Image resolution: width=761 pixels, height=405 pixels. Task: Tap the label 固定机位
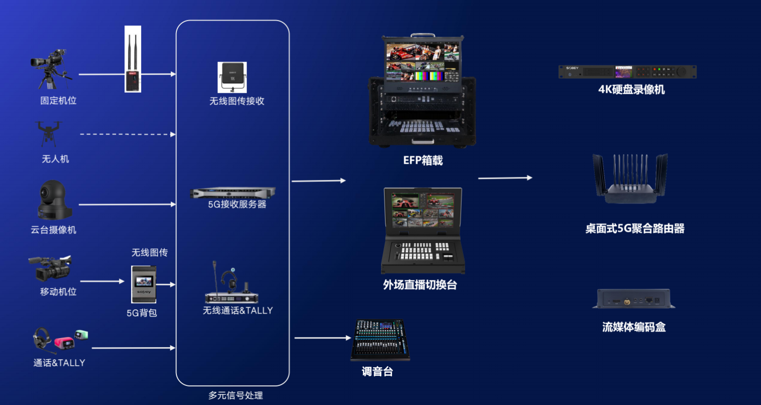pos(58,100)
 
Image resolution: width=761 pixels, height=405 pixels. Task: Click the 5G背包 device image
pos(144,284)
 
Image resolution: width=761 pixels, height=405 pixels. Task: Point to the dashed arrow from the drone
pos(128,134)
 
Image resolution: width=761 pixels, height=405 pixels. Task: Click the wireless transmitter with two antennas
pos(133,59)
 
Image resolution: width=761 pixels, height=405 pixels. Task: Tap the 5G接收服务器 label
pos(237,205)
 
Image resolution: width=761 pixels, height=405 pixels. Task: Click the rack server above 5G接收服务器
pos(233,192)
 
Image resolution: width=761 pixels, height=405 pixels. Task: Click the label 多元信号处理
pos(236,395)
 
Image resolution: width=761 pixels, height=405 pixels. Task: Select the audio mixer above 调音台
pos(380,340)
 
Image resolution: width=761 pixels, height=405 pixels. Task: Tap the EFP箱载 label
pos(423,161)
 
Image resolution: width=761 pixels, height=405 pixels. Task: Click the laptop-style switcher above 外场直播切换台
pos(422,230)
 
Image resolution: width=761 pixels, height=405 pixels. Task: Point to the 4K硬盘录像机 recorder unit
pos(627,72)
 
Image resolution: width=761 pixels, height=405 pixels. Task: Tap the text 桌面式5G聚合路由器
pos(635,228)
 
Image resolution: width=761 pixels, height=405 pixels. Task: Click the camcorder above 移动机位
pos(49,268)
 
